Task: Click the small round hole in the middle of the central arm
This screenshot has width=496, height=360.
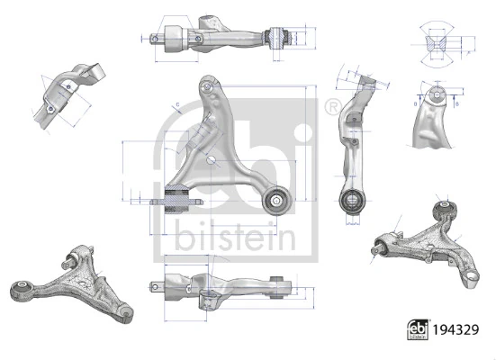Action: pyautogui.click(x=210, y=161)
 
